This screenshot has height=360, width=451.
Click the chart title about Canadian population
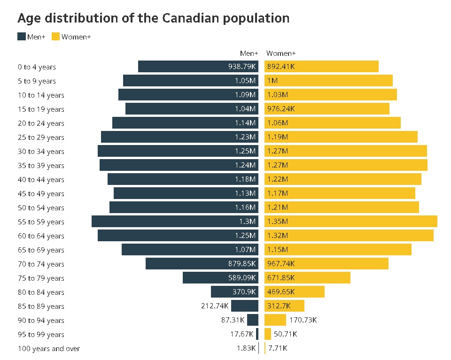tap(153, 18)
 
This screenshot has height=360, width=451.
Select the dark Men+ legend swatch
tap(22, 37)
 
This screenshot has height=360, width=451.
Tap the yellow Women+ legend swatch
tap(55, 37)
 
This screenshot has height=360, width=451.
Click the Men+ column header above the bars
tap(249, 54)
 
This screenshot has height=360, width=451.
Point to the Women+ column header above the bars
tap(281, 54)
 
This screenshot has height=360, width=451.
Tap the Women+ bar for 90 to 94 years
tap(275, 320)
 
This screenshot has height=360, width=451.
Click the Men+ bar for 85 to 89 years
tap(245, 306)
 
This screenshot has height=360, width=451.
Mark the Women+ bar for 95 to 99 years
tap(268, 334)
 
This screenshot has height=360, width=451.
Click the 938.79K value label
tap(242, 67)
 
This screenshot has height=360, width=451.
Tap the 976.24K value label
tap(281, 109)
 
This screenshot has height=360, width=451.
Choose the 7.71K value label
tap(278, 348)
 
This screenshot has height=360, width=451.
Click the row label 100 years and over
tap(49, 349)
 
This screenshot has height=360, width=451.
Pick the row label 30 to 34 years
tap(41, 152)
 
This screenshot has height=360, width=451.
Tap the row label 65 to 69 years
tap(41, 250)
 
